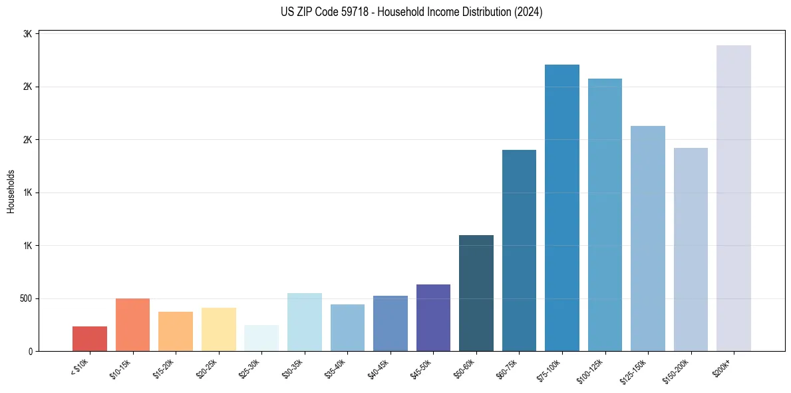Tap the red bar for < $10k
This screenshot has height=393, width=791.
[90, 338]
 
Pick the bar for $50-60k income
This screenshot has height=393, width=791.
[476, 293]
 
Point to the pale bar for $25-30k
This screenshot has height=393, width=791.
[261, 338]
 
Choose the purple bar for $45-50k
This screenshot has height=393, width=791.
[433, 318]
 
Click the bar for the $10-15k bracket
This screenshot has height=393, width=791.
[132, 324]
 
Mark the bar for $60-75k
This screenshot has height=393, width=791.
[519, 250]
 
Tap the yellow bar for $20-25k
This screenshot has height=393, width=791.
[219, 329]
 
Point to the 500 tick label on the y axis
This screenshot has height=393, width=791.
[25, 298]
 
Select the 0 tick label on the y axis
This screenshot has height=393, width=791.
[31, 351]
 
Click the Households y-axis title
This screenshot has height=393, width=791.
[11, 191]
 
